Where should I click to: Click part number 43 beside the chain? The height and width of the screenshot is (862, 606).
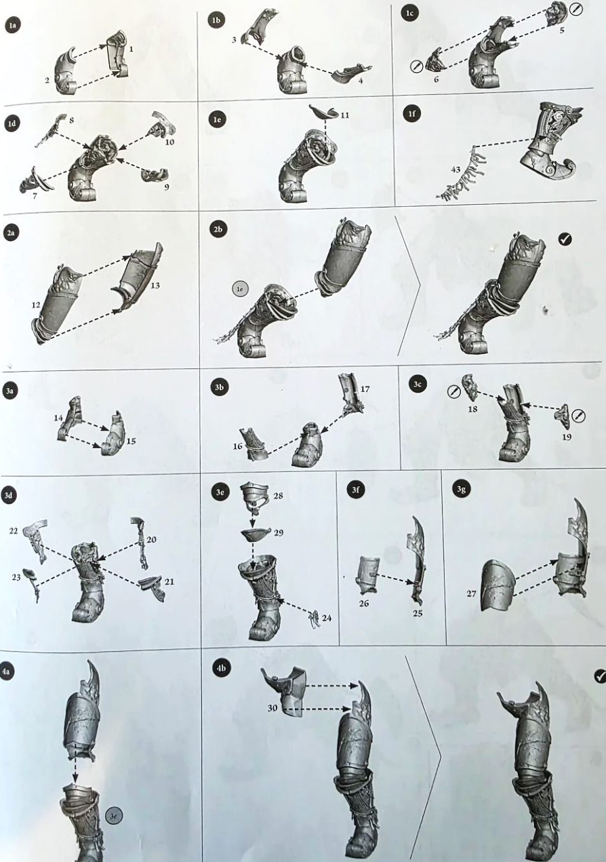coord(456,170)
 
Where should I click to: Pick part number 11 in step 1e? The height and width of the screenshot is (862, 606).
coord(344,115)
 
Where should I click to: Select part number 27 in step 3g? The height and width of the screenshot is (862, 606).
coord(472,593)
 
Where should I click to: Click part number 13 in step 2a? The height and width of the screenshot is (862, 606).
coord(155,286)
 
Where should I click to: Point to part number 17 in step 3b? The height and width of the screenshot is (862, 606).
coord(365,389)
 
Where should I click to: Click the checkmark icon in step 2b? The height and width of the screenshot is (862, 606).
coord(565,239)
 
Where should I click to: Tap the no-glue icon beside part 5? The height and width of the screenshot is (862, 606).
coord(577,9)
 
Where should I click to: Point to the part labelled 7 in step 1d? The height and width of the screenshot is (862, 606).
coord(36,181)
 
